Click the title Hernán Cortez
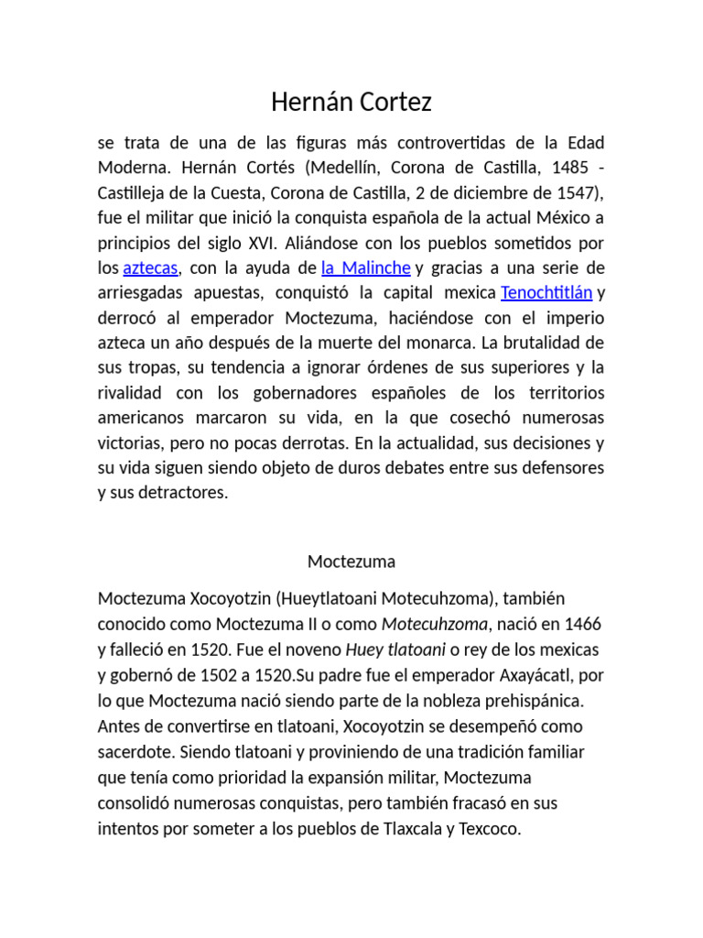[x=351, y=103]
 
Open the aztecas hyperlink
[x=150, y=268]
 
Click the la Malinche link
[x=365, y=268]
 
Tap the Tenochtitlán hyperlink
[x=546, y=293]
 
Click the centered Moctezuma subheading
[x=351, y=561]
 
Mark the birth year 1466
[x=583, y=624]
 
